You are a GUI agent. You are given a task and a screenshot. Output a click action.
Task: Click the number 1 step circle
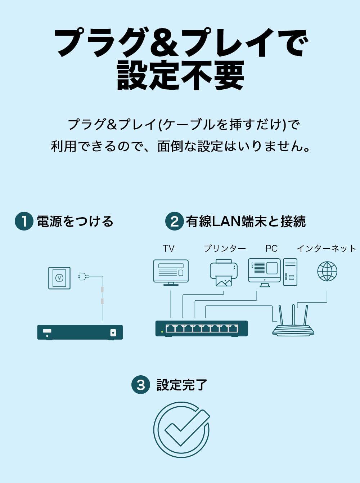pyautogui.click(x=24, y=221)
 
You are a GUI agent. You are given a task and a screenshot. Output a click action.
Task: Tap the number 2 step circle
pyautogui.click(x=174, y=221)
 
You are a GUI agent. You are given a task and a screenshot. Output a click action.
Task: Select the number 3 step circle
pyautogui.click(x=140, y=385)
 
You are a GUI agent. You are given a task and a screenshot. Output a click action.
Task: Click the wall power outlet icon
pyautogui.click(x=59, y=278)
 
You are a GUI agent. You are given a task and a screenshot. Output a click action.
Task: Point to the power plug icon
pyautogui.click(x=84, y=277)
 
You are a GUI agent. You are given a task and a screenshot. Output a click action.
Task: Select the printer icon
pyautogui.click(x=224, y=273)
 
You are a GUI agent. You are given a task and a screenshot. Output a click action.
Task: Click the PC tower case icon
pyautogui.click(x=290, y=272)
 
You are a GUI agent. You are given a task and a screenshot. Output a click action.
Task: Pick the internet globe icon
pyautogui.click(x=327, y=271)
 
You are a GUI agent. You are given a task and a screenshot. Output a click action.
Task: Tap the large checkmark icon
pyautogui.click(x=182, y=429)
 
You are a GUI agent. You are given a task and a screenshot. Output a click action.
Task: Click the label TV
pyautogui.click(x=168, y=249)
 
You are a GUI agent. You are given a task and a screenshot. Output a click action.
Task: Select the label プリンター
pyautogui.click(x=225, y=249)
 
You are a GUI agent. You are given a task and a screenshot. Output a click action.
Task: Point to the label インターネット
pyautogui.click(x=326, y=249)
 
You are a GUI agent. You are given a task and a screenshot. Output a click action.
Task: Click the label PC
pyautogui.click(x=271, y=249)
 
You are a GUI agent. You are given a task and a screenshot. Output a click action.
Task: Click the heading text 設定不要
pyautogui.click(x=180, y=75)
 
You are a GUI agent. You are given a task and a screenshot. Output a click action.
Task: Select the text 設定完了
pyautogui.click(x=182, y=385)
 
